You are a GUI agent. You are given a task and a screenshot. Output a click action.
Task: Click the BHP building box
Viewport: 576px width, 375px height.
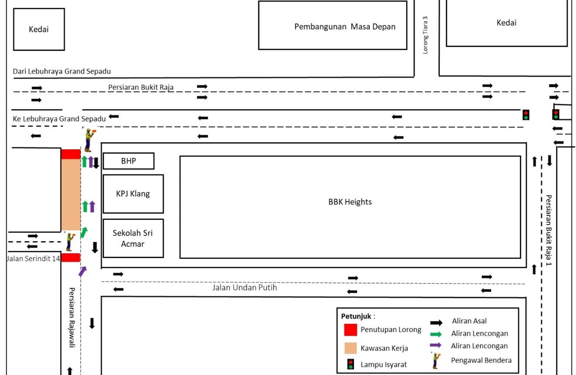(x=129, y=161)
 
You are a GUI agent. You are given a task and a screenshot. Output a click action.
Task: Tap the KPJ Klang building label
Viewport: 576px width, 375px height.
(x=133, y=194)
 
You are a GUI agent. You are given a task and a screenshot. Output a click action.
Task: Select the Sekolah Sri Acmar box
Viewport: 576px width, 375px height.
(x=133, y=238)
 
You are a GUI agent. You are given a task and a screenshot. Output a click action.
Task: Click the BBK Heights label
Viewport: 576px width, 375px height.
(x=350, y=202)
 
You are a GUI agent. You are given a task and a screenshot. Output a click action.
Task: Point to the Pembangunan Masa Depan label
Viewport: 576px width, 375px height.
(x=345, y=27)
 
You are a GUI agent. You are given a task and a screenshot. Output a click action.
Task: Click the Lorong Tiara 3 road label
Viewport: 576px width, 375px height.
(x=426, y=35)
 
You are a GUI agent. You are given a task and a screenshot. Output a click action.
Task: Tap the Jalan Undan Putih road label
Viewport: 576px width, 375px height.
(x=244, y=288)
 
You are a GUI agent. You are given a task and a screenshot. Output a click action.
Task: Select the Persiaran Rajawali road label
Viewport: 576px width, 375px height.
(x=72, y=317)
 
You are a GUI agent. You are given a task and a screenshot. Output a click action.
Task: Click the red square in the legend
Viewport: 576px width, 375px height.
(x=350, y=330)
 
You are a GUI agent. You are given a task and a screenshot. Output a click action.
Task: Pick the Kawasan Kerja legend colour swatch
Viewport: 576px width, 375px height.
(x=350, y=348)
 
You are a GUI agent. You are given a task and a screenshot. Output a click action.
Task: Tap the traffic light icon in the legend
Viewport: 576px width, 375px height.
(x=351, y=364)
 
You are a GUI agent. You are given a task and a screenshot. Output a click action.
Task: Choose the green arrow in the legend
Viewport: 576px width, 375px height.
(x=436, y=334)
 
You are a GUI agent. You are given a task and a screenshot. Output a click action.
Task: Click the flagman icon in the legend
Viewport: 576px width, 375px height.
(x=435, y=360)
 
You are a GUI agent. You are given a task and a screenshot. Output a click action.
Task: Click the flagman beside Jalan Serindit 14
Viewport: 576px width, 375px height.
(x=69, y=241)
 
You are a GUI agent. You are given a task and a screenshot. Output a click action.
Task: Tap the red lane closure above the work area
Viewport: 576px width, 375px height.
(x=71, y=154)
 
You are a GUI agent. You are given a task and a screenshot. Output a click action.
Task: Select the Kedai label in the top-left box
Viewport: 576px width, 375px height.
(x=39, y=30)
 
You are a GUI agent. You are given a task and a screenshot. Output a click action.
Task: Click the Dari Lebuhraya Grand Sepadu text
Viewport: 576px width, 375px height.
(x=62, y=71)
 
